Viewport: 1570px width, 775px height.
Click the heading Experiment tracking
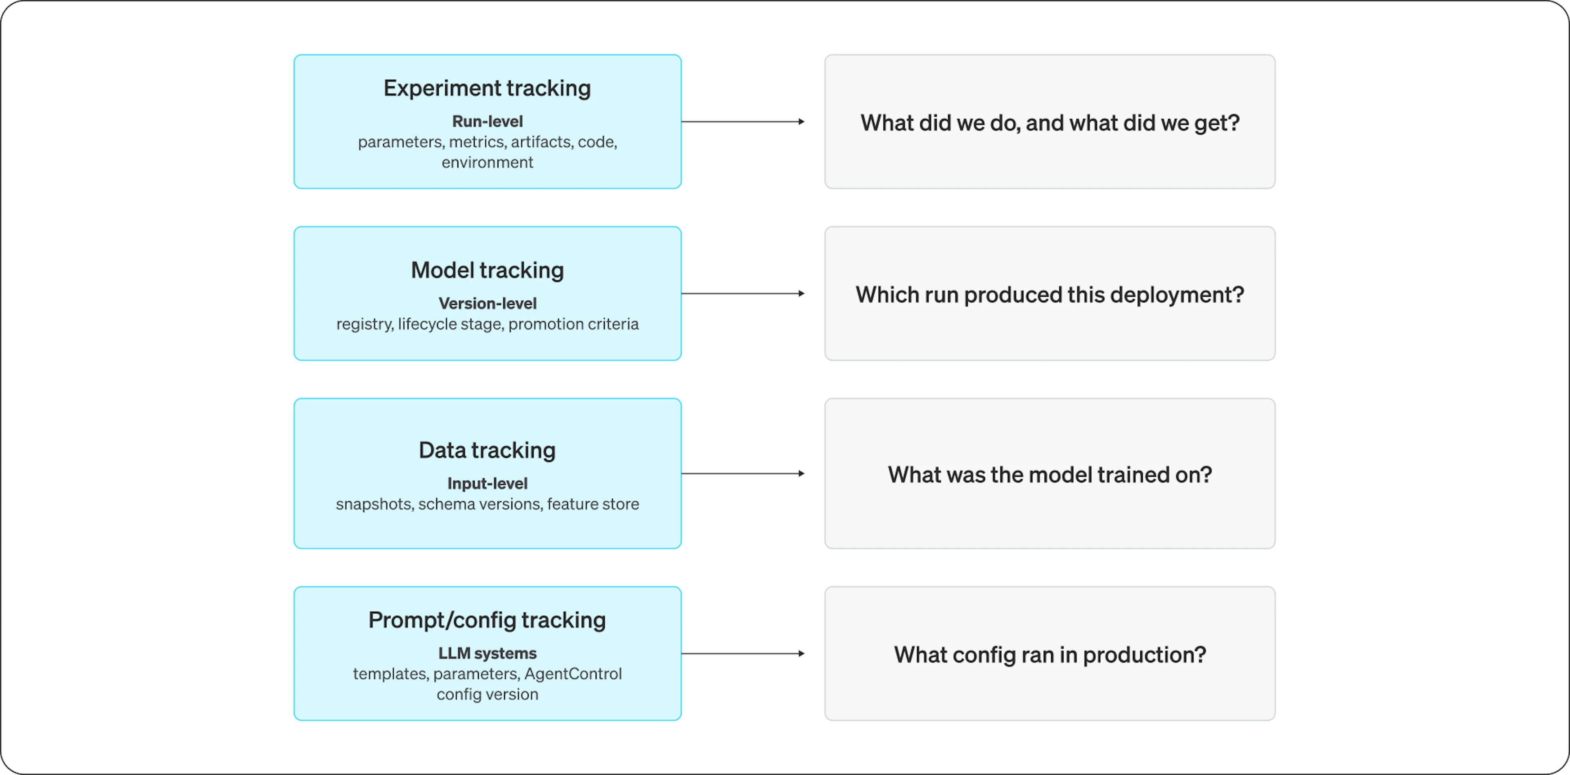pos(487,88)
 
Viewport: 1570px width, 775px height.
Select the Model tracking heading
pos(487,270)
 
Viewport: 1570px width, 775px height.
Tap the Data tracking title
pos(487,450)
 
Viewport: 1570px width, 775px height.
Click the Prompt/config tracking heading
pos(487,620)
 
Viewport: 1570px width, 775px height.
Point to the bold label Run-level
pos(487,122)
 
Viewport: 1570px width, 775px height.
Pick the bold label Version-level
pos(487,303)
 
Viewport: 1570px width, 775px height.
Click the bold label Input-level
pos(487,484)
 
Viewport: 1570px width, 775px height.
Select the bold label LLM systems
pos(487,653)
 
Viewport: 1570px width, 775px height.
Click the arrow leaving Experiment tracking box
pos(743,122)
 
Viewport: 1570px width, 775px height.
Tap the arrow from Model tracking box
pos(743,293)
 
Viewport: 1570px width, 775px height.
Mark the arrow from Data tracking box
pos(743,473)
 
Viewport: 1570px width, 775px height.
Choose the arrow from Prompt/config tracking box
pos(743,653)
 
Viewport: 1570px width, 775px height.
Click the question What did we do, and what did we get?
pos(1050,123)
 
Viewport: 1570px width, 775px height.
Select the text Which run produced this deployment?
pos(1050,295)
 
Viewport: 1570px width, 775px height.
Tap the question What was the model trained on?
pos(1050,474)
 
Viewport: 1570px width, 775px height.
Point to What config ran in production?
pos(1050,655)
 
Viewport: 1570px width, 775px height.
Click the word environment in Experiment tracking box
pos(487,162)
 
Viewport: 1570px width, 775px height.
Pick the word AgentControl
pos(573,674)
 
